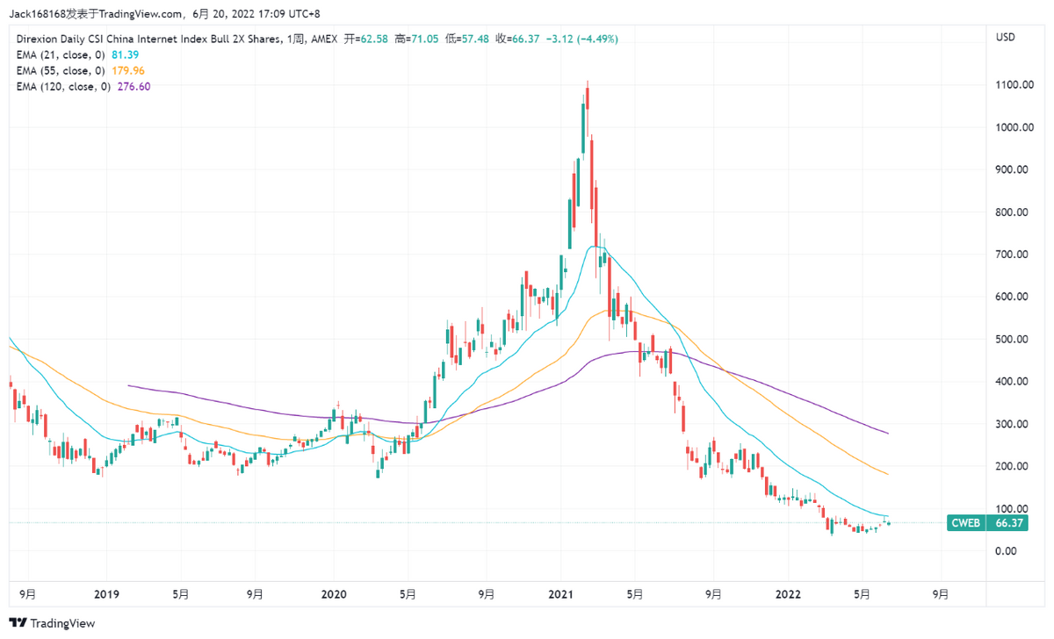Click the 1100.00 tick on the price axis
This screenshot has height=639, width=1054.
1012,85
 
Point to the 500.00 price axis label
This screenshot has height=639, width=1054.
1012,340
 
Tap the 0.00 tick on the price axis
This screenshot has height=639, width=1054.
1006,551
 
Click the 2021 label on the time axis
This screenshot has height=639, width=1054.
561,594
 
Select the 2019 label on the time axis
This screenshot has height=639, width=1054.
106,594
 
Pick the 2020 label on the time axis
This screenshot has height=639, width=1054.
334,594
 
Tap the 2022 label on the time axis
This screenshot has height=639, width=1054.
788,594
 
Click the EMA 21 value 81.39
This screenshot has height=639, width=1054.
126,54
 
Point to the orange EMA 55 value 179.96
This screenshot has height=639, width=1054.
129,70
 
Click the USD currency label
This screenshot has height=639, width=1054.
1006,38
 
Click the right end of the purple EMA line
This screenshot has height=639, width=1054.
888,434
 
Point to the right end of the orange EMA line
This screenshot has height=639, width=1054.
888,474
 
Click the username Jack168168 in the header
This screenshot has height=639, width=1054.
40,13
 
